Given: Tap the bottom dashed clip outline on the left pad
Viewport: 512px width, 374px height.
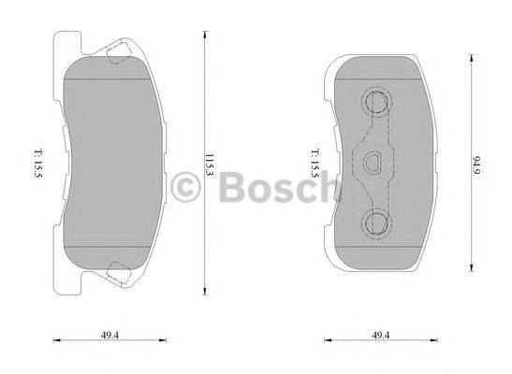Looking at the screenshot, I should tap(120, 273).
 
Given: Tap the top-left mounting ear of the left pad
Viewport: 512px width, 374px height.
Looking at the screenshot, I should tap(68, 43).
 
